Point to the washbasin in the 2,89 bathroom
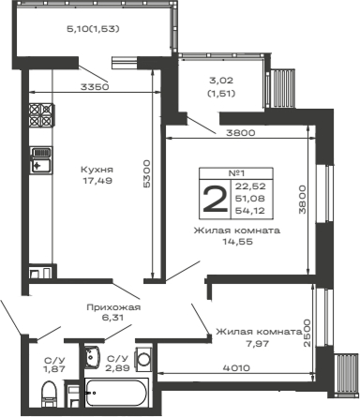tap(91, 355)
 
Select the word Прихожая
tap(112, 306)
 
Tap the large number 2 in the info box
tap(215, 200)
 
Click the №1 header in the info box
tap(236, 173)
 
